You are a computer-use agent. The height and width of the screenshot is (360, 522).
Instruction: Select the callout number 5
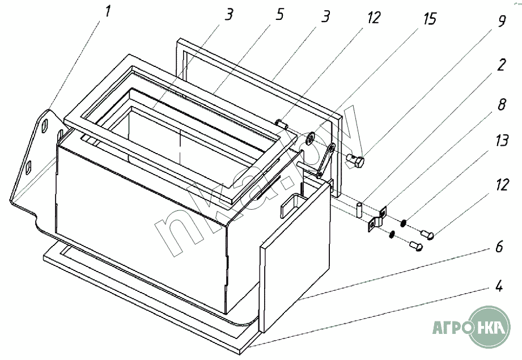[x=280, y=15]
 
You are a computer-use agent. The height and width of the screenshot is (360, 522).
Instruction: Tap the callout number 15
[x=430, y=19]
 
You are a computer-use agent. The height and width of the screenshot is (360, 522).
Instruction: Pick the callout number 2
[x=501, y=65]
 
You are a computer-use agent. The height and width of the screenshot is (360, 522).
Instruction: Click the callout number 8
[x=501, y=105]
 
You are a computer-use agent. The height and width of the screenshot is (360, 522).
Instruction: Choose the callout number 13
[x=501, y=141]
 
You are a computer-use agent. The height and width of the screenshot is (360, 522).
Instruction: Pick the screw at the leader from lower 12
[x=428, y=233]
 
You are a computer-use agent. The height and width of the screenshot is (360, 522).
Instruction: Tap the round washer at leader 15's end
[x=310, y=139]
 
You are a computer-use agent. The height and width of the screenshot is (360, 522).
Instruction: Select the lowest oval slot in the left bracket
[x=29, y=168]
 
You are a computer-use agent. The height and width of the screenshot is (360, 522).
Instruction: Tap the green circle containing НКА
[x=490, y=328]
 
